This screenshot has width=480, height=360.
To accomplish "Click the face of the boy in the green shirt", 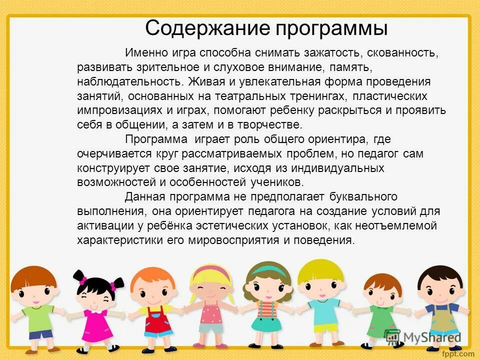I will coord(32,292).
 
